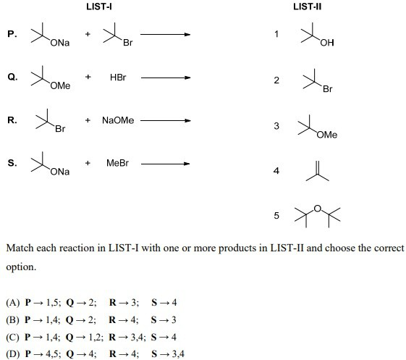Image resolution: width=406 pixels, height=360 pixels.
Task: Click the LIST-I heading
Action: (x=99, y=7)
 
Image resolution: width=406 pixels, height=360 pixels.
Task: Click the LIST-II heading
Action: (x=308, y=7)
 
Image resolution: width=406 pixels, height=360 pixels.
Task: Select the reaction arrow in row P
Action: (x=166, y=34)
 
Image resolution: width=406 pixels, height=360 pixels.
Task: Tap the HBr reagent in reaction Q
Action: (x=118, y=78)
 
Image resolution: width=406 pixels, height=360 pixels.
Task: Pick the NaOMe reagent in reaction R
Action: (x=118, y=120)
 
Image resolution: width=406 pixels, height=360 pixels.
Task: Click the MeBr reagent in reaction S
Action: (x=117, y=163)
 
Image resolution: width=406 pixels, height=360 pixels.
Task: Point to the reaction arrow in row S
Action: (x=166, y=164)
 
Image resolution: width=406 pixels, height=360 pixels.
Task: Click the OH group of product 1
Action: (x=327, y=43)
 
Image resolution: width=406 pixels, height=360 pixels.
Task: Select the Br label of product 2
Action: (x=328, y=89)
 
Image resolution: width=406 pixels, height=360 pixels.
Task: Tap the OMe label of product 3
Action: (x=327, y=135)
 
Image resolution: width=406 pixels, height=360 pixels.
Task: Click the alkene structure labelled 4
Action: (x=318, y=171)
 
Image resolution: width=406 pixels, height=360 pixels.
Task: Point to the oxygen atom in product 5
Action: (x=318, y=209)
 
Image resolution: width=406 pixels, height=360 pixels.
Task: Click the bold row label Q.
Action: (x=12, y=77)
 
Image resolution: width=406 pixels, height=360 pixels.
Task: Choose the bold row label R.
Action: (x=12, y=120)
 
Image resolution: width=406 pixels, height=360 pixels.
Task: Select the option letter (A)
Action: (x=13, y=303)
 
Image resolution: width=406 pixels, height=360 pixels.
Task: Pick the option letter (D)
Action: (x=13, y=354)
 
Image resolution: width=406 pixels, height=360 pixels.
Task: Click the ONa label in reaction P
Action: (x=60, y=43)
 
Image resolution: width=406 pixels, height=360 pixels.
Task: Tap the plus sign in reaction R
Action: (x=88, y=120)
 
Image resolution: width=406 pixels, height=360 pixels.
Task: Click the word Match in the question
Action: (x=20, y=248)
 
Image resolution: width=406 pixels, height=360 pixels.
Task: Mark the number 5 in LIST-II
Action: (x=276, y=215)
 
